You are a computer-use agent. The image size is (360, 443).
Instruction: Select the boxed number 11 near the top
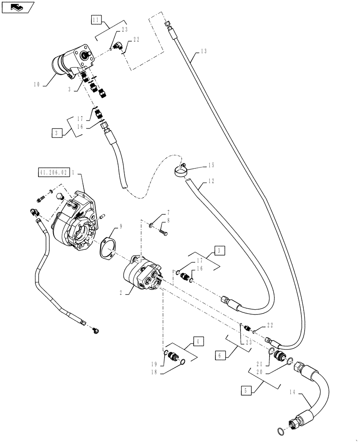click(x=97, y=19)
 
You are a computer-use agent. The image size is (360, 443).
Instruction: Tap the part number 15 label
click(x=211, y=165)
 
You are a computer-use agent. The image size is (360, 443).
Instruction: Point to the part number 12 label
click(x=210, y=181)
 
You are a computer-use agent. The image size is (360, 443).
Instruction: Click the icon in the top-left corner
click(x=17, y=7)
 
